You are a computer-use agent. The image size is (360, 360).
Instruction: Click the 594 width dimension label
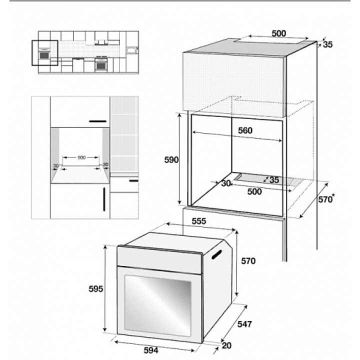(151, 350)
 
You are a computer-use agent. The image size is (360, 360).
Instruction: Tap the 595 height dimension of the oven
(95, 289)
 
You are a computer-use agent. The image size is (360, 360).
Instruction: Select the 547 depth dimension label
(244, 324)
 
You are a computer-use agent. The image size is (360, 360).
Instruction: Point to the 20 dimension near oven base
(226, 345)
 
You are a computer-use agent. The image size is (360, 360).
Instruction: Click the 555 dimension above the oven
(199, 221)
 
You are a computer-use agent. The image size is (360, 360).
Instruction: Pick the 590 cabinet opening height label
(171, 160)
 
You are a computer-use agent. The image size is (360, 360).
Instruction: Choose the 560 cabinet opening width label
(245, 130)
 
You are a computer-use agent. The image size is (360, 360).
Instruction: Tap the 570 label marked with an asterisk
(326, 199)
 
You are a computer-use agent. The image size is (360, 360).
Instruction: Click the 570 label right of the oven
(248, 261)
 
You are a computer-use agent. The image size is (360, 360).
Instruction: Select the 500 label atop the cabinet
(279, 33)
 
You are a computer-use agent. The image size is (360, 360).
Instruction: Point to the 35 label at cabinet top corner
(327, 44)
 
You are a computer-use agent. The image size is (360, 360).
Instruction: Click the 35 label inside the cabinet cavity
(274, 180)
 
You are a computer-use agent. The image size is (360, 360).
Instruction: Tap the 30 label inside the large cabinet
(226, 183)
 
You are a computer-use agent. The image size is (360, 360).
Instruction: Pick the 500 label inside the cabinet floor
(254, 191)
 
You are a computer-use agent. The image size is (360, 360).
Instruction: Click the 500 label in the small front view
(81, 157)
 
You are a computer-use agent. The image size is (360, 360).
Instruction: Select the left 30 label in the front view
(56, 165)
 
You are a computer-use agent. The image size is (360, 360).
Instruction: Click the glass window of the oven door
(157, 305)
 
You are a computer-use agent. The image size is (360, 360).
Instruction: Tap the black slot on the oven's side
(216, 254)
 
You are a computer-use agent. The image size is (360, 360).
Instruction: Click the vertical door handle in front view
(104, 199)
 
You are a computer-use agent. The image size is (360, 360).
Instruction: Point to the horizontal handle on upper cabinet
(98, 121)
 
